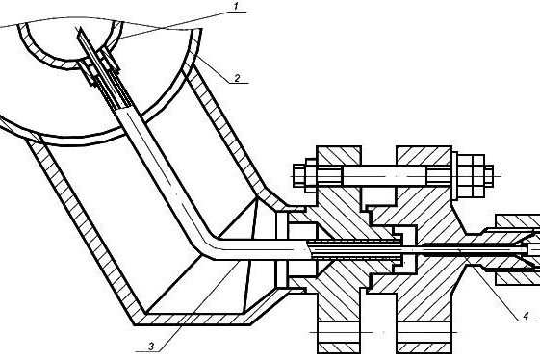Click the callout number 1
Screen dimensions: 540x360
click(236, 6)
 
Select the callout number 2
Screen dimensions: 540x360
click(237, 78)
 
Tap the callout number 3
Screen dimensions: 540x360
click(151, 347)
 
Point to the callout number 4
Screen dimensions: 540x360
click(526, 316)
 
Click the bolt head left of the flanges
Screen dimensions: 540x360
click(305, 176)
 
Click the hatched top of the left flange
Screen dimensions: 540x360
click(339, 156)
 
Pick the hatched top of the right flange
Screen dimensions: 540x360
click(424, 156)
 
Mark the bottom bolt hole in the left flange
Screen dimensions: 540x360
click(339, 332)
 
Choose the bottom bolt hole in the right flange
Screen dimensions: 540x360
click(424, 332)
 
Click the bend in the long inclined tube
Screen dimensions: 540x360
click(209, 244)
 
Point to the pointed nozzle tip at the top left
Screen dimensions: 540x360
click(80, 30)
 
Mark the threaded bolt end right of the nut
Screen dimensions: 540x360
click(489, 176)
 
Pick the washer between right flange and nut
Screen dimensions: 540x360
click(454, 176)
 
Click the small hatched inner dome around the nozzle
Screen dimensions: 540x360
click(70, 48)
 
